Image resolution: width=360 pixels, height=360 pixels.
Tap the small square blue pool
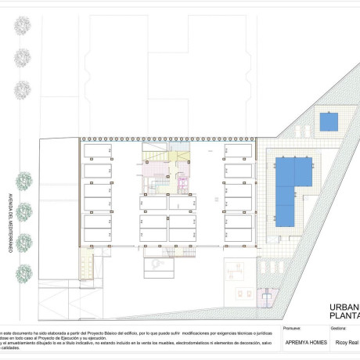[x=328, y=123]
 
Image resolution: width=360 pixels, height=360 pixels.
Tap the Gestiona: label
[x=340, y=329]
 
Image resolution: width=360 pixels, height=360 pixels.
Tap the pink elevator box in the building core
[x=184, y=185]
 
